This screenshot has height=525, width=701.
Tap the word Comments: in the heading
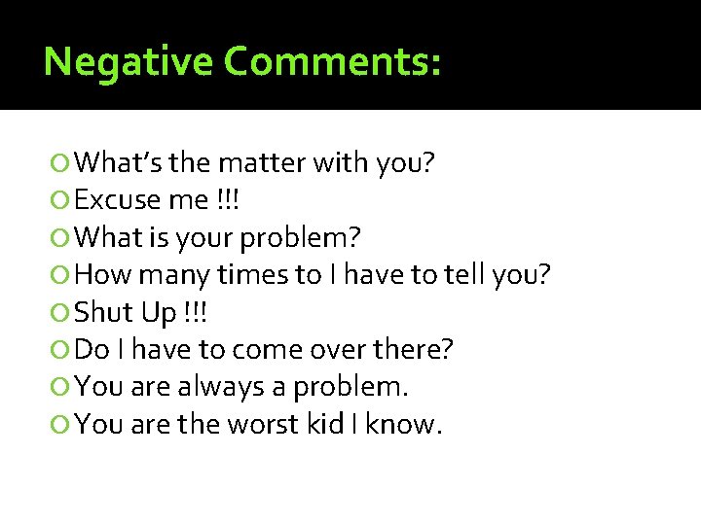[333, 61]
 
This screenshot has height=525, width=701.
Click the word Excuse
[117, 200]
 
